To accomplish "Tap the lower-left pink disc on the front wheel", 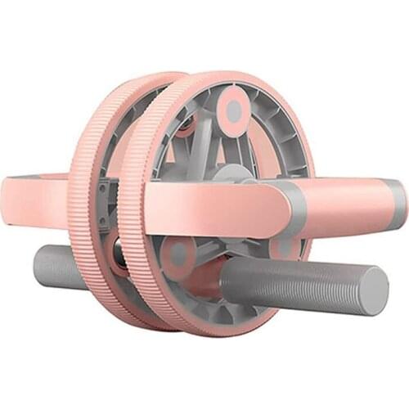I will [178, 254].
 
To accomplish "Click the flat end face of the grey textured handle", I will [374, 290].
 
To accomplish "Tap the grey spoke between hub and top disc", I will [233, 143].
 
